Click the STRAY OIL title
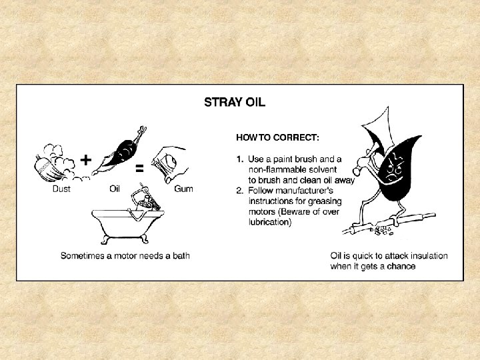(235, 102)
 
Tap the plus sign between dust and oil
(86, 160)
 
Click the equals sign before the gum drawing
(139, 168)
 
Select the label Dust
(61, 189)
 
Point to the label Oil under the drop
(115, 189)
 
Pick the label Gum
(183, 189)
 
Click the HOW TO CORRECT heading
(277, 138)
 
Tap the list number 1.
(240, 159)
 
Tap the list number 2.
(240, 191)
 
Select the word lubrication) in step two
(270, 222)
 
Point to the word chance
(401, 266)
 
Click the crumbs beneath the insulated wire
(381, 231)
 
